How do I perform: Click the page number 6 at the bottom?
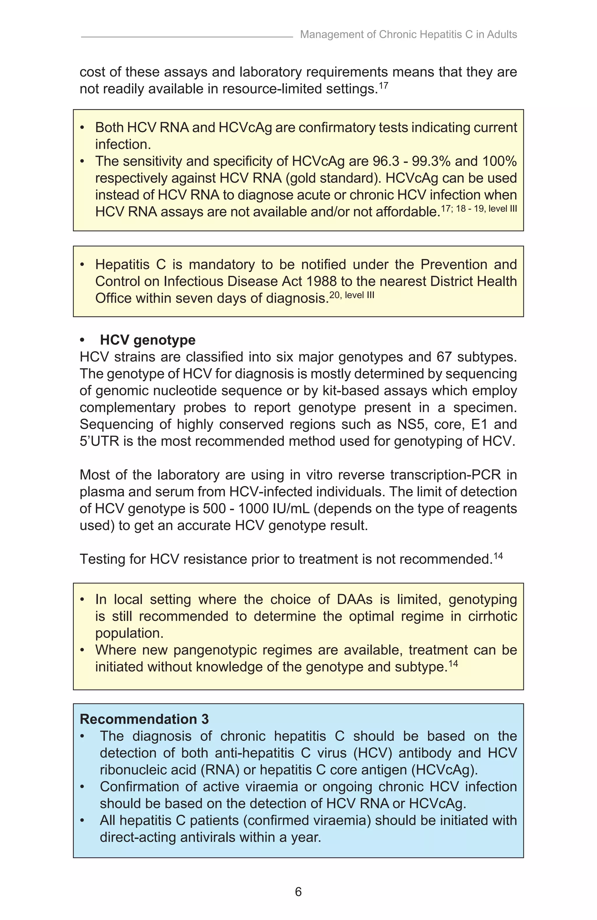click(x=298, y=892)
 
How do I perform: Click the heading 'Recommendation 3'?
click(x=144, y=719)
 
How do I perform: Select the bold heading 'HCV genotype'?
click(x=148, y=340)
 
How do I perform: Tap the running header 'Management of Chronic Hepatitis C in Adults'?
click(x=408, y=34)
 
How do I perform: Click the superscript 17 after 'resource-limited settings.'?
click(x=383, y=85)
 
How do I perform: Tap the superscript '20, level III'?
click(x=352, y=295)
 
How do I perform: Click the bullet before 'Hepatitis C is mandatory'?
click(x=82, y=265)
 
